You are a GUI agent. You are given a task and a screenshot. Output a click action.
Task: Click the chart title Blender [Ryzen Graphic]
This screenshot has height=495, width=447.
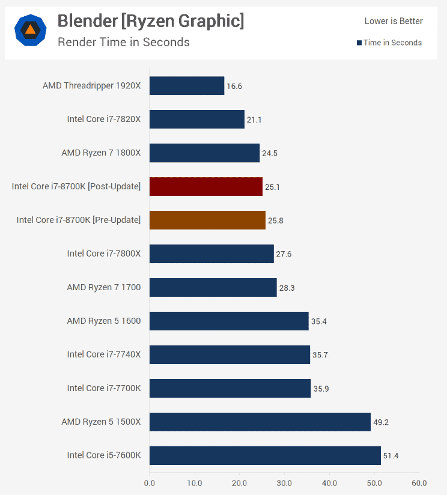(151, 22)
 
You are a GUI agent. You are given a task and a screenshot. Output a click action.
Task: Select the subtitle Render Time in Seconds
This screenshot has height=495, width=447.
(124, 42)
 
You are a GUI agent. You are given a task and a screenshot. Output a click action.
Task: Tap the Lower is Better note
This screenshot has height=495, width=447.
(394, 21)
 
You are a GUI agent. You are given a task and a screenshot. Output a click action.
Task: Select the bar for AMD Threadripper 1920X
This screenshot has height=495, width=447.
(187, 86)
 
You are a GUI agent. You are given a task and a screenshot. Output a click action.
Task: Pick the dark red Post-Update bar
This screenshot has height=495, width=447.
(206, 187)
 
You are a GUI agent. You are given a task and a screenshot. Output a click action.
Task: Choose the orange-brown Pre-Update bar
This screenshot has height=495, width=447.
(207, 220)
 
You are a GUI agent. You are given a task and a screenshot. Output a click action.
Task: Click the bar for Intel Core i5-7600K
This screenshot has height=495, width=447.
(265, 455)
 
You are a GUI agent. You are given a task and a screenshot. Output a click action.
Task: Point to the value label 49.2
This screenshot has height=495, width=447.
(381, 422)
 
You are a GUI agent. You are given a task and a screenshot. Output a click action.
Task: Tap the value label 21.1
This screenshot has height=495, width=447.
(254, 120)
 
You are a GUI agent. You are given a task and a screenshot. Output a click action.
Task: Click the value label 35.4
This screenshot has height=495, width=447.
(318, 321)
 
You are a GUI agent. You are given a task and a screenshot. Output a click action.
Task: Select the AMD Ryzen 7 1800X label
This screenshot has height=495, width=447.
(101, 153)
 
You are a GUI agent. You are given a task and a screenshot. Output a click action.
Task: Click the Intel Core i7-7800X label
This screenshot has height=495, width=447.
(104, 254)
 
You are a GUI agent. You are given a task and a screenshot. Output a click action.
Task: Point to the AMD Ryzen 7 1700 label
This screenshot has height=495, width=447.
(104, 288)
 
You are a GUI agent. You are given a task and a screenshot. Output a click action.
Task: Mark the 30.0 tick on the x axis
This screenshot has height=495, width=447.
(284, 483)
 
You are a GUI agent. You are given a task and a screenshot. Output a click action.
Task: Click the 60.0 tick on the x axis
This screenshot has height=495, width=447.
(419, 483)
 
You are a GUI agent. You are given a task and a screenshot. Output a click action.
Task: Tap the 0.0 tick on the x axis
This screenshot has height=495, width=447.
(150, 483)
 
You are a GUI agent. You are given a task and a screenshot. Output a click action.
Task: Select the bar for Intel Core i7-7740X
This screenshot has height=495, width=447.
(230, 354)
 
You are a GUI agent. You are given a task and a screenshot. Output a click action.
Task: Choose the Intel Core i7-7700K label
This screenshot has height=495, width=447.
(104, 389)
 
